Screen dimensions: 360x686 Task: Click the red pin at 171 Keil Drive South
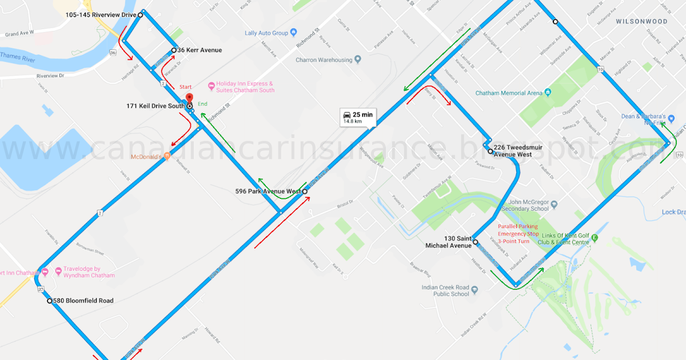[190, 98]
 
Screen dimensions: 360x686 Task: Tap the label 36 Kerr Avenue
[199, 50]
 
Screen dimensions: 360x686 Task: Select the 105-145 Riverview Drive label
[101, 14]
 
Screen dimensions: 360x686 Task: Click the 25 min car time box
[358, 117]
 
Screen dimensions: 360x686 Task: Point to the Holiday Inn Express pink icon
[212, 86]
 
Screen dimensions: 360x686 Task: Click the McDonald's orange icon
[167, 156]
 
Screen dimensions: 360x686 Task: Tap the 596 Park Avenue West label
[268, 191]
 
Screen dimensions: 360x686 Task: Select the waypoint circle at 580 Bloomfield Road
[50, 301]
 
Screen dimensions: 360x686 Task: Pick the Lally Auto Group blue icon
[293, 33]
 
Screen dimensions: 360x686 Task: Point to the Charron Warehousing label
[324, 60]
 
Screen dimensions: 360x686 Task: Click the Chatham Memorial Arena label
[509, 93]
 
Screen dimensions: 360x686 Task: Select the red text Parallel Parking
[517, 226]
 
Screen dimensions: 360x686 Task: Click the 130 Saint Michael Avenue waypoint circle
[476, 242]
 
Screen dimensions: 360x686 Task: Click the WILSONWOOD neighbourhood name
[641, 21]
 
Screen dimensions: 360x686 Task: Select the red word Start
[186, 87]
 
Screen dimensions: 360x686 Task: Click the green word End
[202, 104]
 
